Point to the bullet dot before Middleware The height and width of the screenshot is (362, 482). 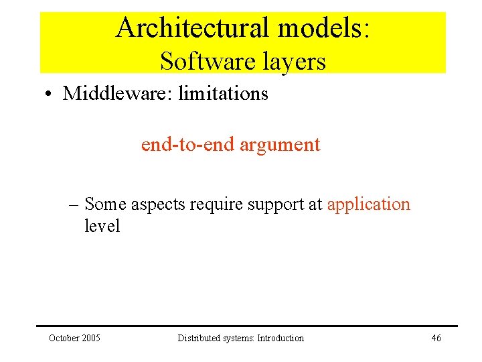click(x=51, y=94)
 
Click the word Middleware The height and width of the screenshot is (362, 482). click(x=116, y=93)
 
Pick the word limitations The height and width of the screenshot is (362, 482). click(x=223, y=93)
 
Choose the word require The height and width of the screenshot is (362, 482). click(x=218, y=204)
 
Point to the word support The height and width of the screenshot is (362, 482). click(x=277, y=204)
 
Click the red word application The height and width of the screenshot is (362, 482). click(x=368, y=204)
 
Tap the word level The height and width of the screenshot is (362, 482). click(x=102, y=226)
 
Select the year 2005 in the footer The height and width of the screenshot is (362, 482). click(x=90, y=338)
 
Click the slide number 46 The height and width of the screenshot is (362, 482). click(x=436, y=338)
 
